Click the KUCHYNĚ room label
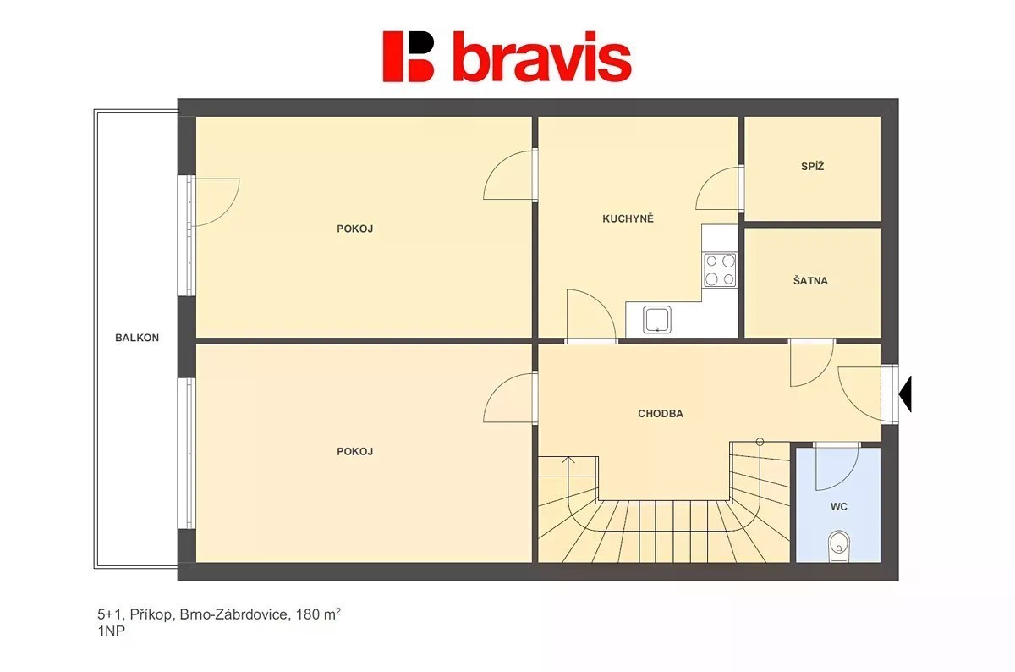[x=628, y=219]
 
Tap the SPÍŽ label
[x=813, y=167]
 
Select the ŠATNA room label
[x=810, y=281]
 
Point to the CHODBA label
[x=661, y=414]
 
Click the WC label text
[x=839, y=507]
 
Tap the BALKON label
[x=137, y=338]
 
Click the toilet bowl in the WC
[x=839, y=546]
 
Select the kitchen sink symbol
[x=657, y=319]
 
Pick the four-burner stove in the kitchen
[x=720, y=270]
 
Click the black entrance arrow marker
[x=905, y=394]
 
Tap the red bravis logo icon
[x=409, y=57]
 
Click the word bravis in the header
[x=542, y=57]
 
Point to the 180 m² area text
[x=318, y=614]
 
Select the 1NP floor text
[x=111, y=631]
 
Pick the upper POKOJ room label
[x=354, y=229]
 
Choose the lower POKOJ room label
[x=354, y=452]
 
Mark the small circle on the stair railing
[x=760, y=442]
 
